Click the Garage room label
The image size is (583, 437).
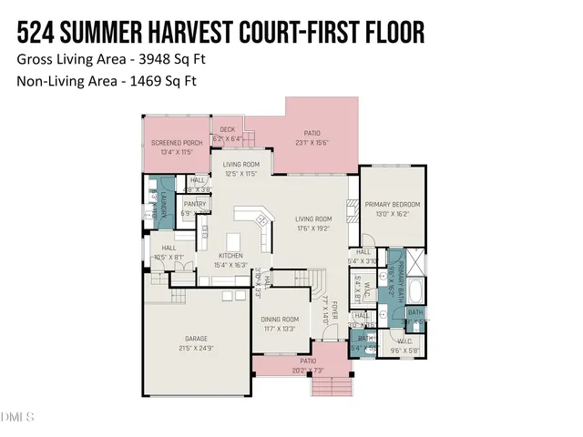197,339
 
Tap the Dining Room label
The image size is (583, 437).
280,320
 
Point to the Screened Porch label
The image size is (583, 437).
177,143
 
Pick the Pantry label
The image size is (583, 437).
195,204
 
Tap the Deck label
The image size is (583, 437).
227,130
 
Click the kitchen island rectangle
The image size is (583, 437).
233,241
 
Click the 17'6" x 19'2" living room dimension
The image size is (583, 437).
312,229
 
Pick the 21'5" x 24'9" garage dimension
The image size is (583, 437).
197,348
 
